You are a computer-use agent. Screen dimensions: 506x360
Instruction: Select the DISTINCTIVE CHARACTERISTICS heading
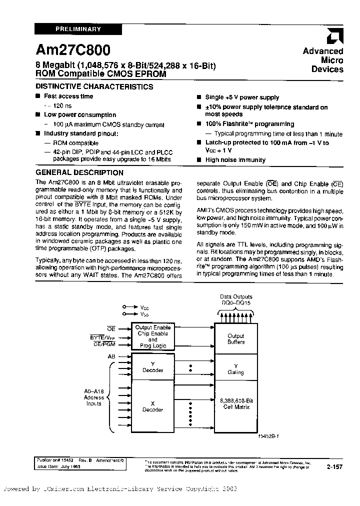pyautogui.click(x=94, y=86)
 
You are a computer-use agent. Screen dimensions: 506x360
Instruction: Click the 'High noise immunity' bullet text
pyautogui.click(x=235, y=160)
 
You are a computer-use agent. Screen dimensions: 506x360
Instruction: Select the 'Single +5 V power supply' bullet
pyautogui.click(x=242, y=97)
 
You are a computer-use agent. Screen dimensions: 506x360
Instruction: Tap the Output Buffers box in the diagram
pyautogui.click(x=235, y=339)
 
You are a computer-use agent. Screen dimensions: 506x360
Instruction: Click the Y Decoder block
pyautogui.click(x=152, y=367)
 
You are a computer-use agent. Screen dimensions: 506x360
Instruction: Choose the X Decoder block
pyautogui.click(x=152, y=406)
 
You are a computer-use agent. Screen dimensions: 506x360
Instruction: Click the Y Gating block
pyautogui.click(x=235, y=369)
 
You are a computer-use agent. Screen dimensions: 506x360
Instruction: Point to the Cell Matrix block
pyautogui.click(x=235, y=403)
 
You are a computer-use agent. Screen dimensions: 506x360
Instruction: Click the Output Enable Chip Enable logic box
pyautogui.click(x=152, y=336)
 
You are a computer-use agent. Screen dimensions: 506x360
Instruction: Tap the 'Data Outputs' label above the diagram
pyautogui.click(x=236, y=297)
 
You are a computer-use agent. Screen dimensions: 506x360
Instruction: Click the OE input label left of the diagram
pyautogui.click(x=111, y=328)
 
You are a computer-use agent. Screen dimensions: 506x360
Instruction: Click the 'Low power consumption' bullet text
pyautogui.click(x=80, y=115)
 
